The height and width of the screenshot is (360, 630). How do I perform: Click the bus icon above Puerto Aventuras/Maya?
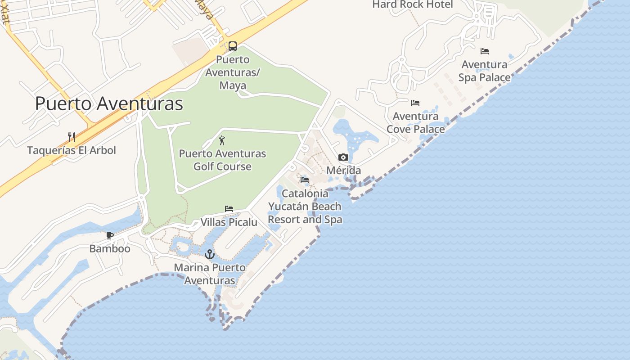pos(233,46)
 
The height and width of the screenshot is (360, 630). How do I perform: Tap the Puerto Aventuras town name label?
pos(109,103)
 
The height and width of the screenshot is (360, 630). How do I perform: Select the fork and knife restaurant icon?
pos(72,137)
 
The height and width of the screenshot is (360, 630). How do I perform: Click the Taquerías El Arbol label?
pos(72,150)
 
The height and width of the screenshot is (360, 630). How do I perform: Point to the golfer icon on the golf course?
pos(222,140)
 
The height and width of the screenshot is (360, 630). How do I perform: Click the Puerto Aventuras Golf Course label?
pos(222,160)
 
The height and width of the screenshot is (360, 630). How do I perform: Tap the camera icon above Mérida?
pos(343,157)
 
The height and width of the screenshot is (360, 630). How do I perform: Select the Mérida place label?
pos(343,171)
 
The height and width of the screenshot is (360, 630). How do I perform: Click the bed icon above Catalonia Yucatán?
pos(305,180)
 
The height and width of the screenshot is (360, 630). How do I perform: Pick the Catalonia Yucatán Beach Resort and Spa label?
pos(305,207)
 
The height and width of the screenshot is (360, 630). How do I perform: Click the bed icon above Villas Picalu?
pos(229,209)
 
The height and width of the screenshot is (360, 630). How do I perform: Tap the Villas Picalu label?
pos(229,222)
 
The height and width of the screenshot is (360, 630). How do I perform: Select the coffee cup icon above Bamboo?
pos(109,235)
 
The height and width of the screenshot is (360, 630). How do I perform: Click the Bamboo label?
pos(110,249)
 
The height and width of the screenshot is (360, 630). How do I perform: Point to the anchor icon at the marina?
pos(210,254)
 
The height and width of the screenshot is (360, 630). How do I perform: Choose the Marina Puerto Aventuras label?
pos(210,274)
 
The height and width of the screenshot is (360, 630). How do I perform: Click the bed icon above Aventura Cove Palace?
pos(415,103)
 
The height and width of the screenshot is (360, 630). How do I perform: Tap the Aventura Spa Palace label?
pos(484,71)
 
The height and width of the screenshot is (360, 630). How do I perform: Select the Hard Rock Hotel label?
pos(413,4)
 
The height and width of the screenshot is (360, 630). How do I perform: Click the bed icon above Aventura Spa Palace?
pos(485,51)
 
